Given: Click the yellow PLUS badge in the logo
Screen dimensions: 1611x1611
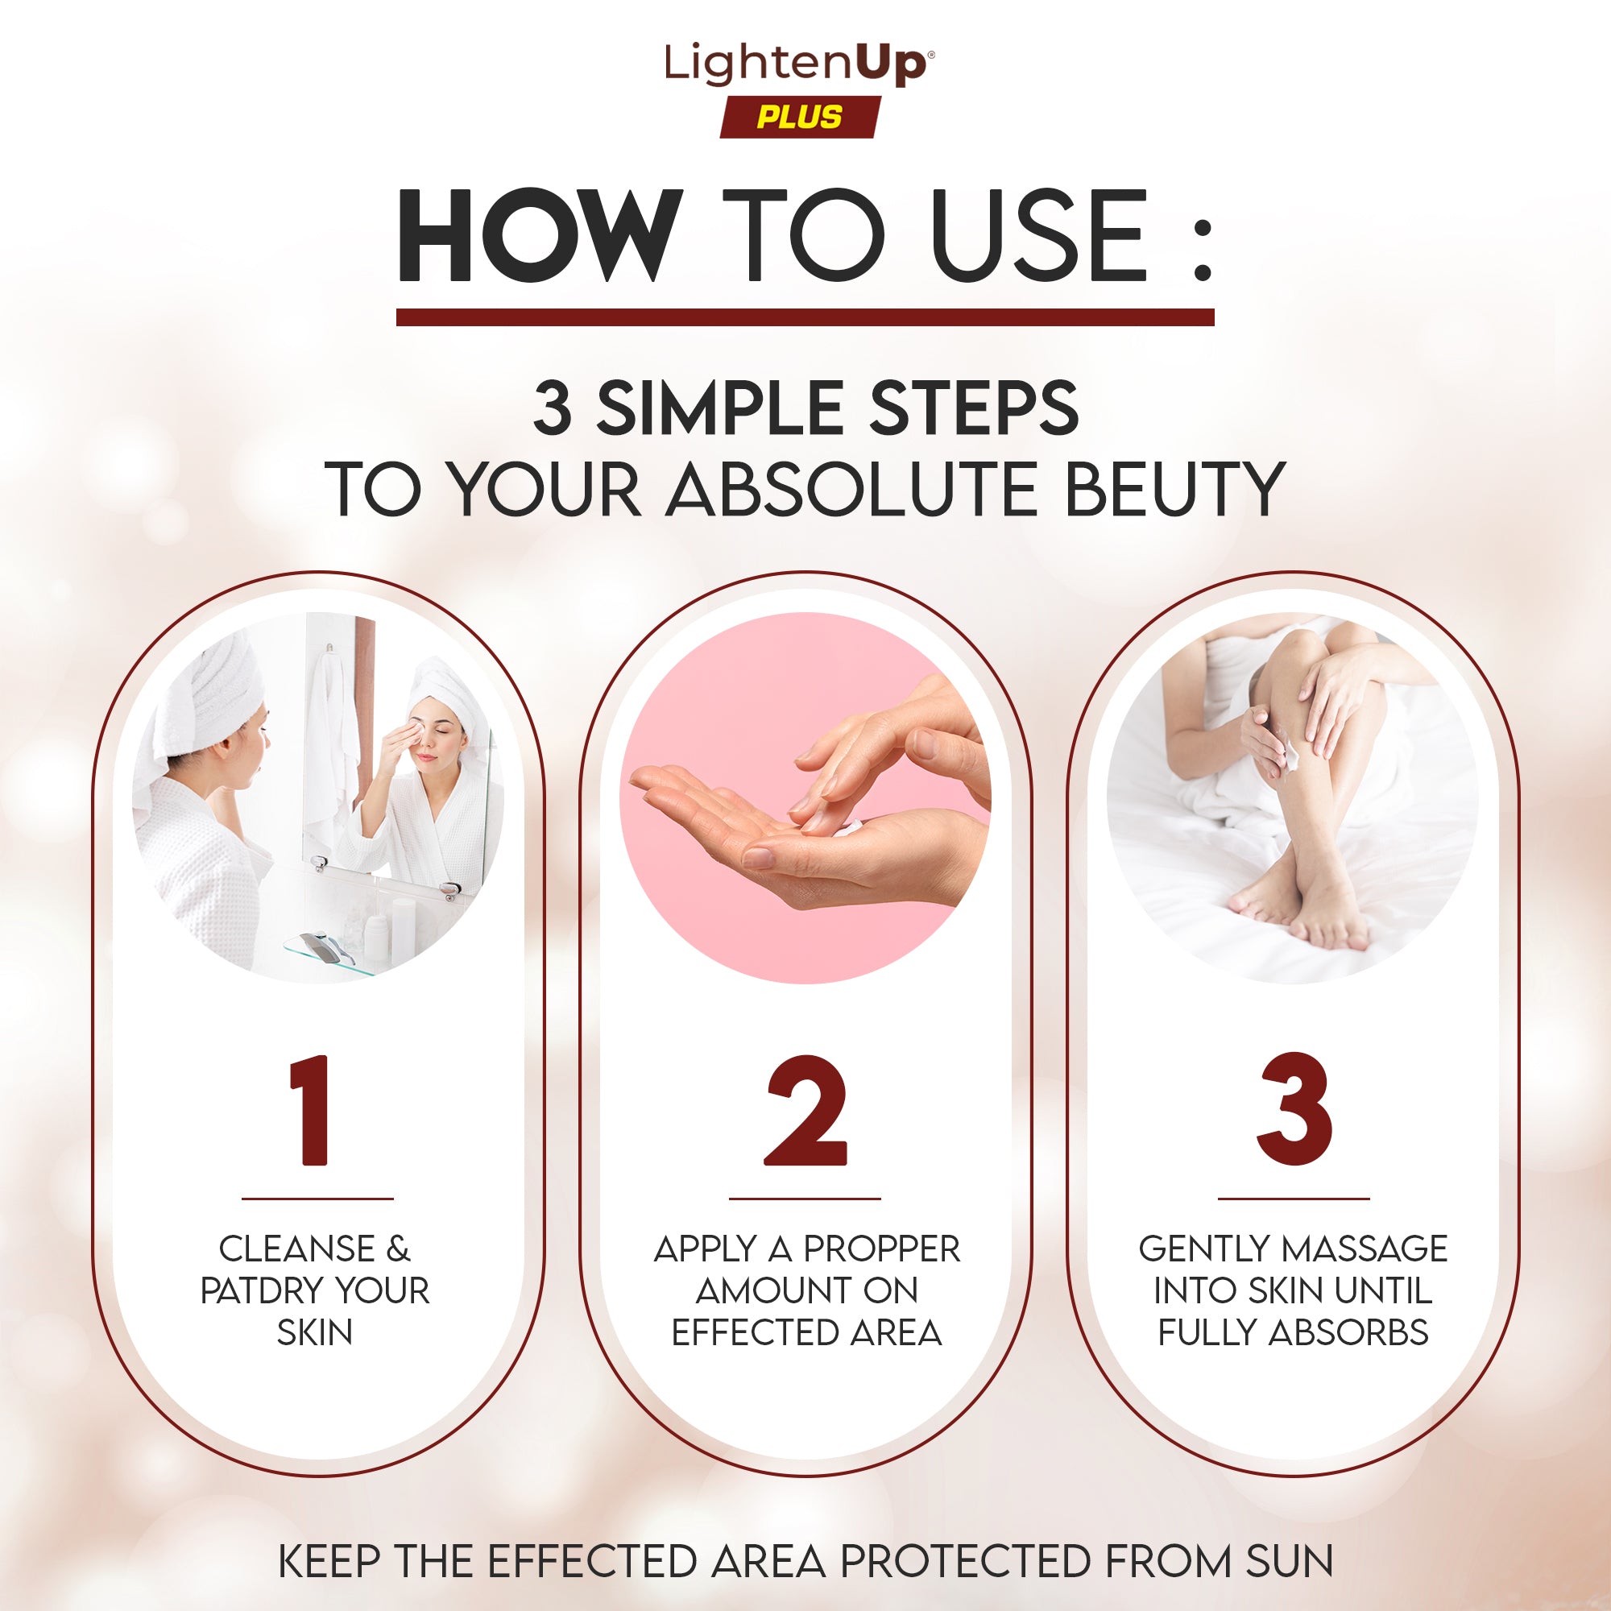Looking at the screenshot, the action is (x=800, y=117).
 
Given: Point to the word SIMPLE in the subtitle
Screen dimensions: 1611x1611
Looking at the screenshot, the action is (x=722, y=408).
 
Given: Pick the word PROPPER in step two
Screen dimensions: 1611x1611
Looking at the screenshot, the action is (x=882, y=1249).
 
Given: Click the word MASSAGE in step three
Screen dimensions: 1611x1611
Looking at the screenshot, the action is (x=1365, y=1249).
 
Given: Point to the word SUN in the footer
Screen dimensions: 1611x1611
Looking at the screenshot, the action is (x=1290, y=1561).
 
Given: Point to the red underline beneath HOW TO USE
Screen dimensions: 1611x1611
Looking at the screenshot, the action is (x=805, y=317).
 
